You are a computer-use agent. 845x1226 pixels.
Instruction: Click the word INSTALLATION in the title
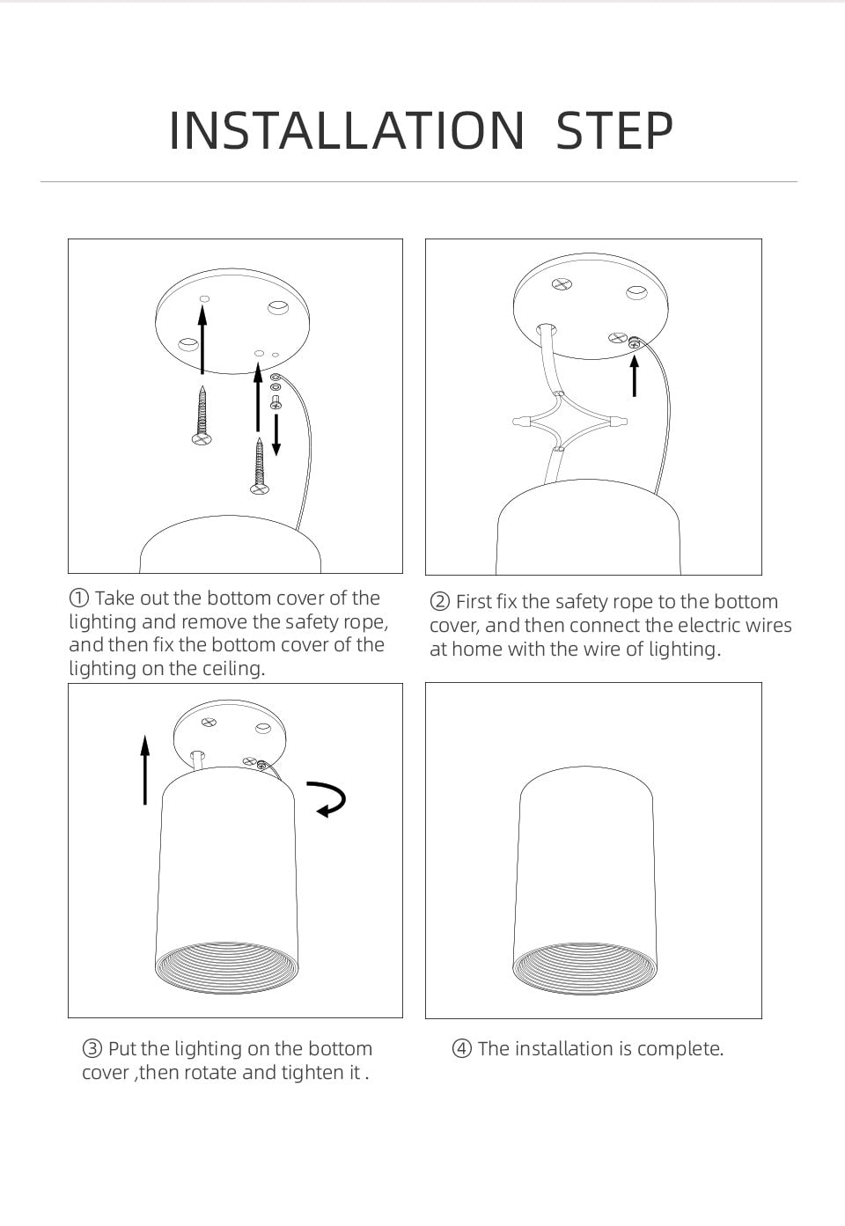coord(347,130)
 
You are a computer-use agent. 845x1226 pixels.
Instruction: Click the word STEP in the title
coord(614,130)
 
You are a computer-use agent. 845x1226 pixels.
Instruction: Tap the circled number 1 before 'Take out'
coord(79,598)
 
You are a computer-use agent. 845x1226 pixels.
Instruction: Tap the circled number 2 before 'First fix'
coord(439,601)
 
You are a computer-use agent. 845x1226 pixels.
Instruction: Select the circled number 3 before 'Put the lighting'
coord(92,1049)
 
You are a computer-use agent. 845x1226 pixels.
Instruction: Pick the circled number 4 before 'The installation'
coord(461,1049)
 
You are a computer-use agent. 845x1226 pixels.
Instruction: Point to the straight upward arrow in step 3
coord(145,770)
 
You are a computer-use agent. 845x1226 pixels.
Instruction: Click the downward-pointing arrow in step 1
coord(276,435)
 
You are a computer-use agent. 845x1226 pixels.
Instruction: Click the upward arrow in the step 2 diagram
coord(635,376)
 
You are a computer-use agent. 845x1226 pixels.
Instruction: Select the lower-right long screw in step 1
coord(260,466)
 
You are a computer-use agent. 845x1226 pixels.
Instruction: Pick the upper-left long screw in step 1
coord(202,415)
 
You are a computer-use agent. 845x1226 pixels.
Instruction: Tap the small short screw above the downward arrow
coord(276,402)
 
